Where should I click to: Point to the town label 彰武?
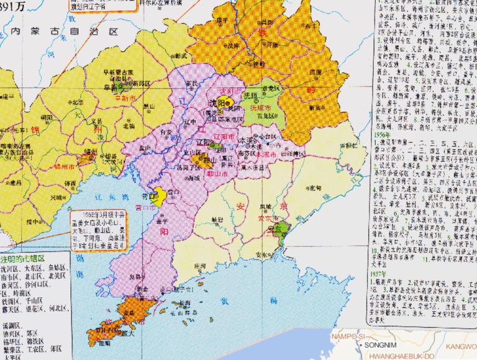(181, 55)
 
